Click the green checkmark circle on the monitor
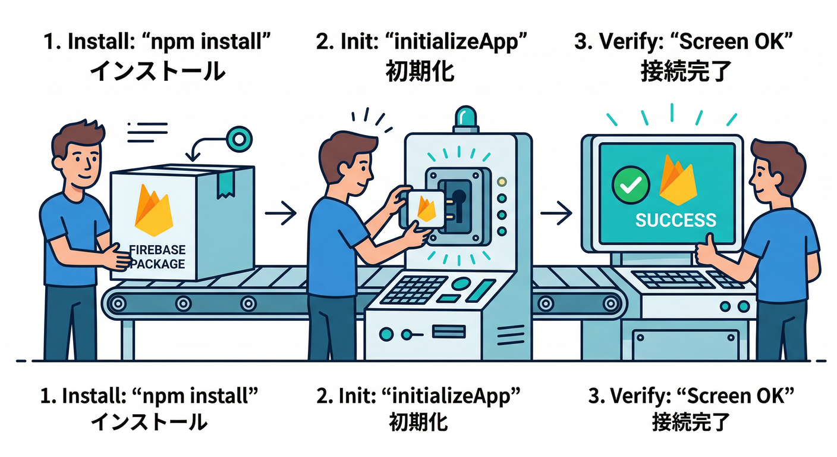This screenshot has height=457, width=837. tap(628, 185)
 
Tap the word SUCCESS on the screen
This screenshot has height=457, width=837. tap(676, 220)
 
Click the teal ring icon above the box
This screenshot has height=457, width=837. tap(239, 139)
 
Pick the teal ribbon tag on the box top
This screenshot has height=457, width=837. tap(225, 185)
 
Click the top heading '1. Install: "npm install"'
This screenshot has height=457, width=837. tap(158, 43)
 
